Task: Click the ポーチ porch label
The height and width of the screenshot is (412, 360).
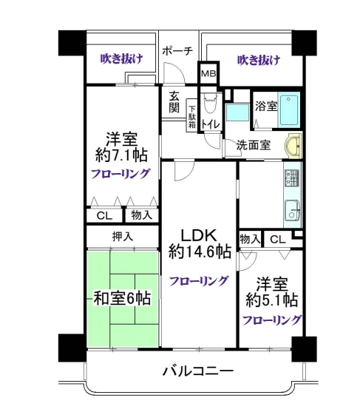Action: click(x=177, y=51)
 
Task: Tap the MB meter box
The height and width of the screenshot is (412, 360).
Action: click(x=208, y=73)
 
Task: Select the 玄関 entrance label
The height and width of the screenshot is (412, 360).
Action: click(x=174, y=102)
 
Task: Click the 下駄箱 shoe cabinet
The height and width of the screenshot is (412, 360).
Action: click(x=192, y=116)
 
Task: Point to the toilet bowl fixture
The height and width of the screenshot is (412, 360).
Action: click(x=211, y=103)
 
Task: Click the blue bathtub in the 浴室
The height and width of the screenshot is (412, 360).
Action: click(x=289, y=109)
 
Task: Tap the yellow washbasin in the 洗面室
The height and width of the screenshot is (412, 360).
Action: click(x=293, y=146)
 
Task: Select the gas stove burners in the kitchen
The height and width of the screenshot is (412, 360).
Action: click(x=292, y=178)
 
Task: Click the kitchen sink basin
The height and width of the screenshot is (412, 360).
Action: click(x=292, y=211)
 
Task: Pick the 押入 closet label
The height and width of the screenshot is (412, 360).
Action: click(x=123, y=237)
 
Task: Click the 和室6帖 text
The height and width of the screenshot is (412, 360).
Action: click(x=123, y=298)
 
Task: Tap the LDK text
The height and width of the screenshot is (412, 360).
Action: click(x=199, y=235)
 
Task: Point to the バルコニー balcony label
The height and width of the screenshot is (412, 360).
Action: click(x=197, y=371)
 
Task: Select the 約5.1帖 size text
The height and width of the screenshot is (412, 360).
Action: click(x=272, y=300)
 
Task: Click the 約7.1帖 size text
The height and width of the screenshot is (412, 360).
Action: click(x=121, y=155)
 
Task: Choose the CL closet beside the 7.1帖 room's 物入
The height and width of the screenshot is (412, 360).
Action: click(x=104, y=216)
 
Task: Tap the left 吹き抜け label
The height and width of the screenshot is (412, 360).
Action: click(x=122, y=58)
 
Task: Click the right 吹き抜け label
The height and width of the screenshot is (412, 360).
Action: click(x=259, y=60)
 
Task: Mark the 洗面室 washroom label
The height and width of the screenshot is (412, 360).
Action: click(x=254, y=145)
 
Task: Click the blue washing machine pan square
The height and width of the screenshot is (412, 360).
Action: click(x=237, y=112)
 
